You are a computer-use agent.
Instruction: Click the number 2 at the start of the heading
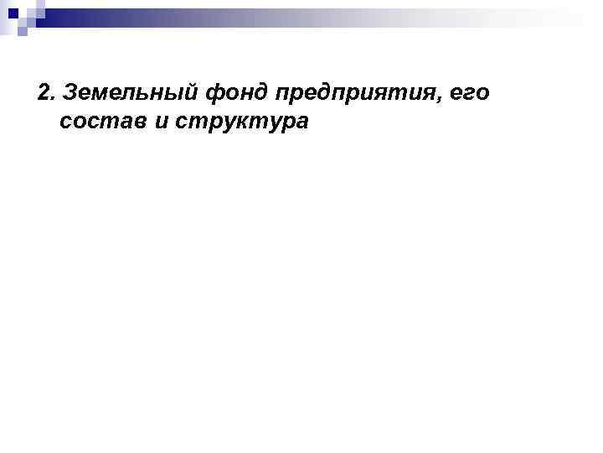[x=44, y=91]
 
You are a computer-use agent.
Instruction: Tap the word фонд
[x=231, y=91]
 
